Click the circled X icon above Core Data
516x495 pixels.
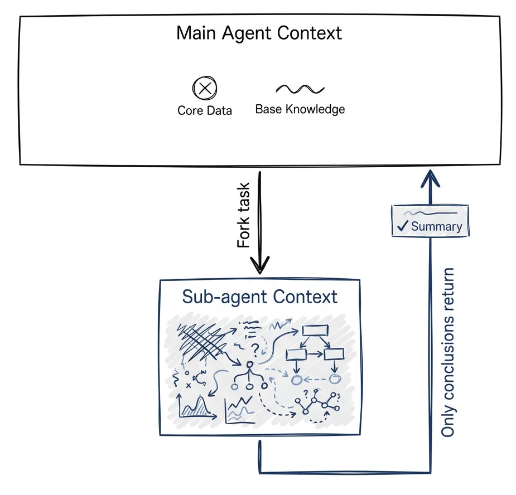tap(205, 88)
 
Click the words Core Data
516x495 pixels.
tap(205, 110)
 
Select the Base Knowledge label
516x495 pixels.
tap(300, 109)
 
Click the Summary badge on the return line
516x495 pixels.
tap(429, 220)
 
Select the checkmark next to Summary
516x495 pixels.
tap(403, 227)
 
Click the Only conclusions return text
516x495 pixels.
tap(448, 352)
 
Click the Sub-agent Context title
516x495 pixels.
tap(259, 296)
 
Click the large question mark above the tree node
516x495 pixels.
tap(255, 349)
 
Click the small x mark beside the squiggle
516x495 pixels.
tap(189, 385)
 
